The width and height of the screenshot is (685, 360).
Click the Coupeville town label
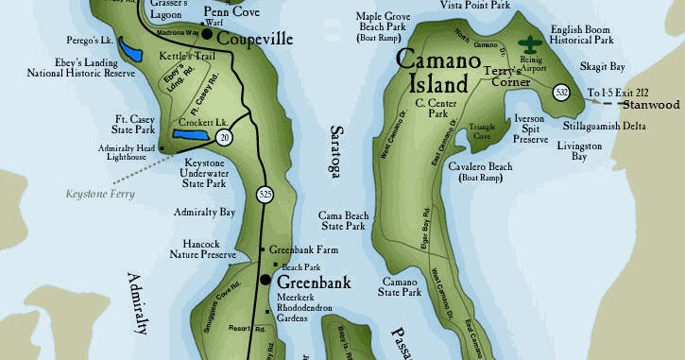coord(255,40)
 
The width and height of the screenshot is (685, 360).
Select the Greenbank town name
coord(313,282)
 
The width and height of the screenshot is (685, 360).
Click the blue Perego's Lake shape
coord(131,50)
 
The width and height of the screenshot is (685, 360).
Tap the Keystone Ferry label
coord(100,195)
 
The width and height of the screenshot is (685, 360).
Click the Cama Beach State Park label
coord(342,220)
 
